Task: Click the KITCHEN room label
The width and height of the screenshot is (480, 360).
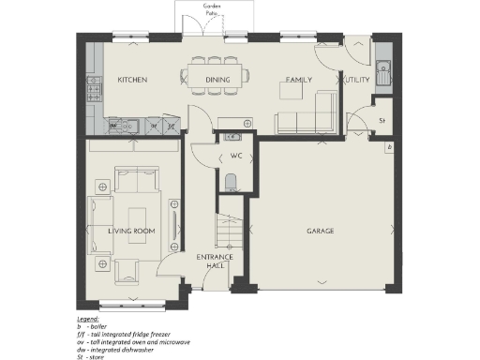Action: click(131, 81)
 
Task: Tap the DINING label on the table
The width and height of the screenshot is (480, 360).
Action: click(217, 81)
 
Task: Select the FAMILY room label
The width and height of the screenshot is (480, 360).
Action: click(299, 81)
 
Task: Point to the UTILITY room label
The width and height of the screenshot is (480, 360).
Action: click(356, 81)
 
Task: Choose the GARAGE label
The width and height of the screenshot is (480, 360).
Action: click(321, 231)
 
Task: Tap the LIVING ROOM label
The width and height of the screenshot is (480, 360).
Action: click(131, 231)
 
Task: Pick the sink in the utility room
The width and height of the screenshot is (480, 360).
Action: click(384, 68)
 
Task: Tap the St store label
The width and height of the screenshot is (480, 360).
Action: click(382, 121)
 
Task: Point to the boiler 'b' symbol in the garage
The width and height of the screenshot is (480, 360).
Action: click(389, 147)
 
